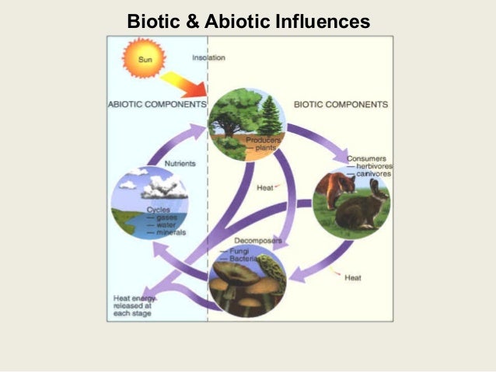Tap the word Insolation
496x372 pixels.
[x=209, y=58]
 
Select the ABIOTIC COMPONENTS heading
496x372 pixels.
[x=158, y=103]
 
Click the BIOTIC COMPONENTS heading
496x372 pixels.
[x=341, y=103]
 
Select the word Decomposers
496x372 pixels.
[x=257, y=241]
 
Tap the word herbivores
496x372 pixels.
[x=372, y=167]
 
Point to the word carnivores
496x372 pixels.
[x=372, y=175]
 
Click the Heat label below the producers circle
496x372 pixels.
[x=264, y=187]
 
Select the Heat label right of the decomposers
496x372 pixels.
[x=352, y=276]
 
